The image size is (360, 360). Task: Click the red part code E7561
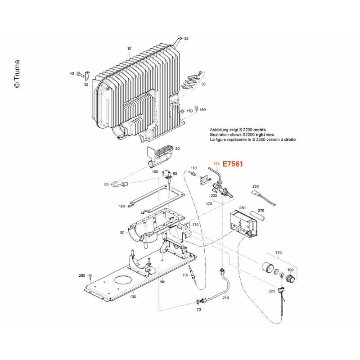(233, 164)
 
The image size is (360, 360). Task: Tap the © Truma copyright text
(17, 74)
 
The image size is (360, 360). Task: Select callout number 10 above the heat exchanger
(129, 49)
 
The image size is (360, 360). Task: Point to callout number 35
(186, 39)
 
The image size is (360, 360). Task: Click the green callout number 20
(203, 84)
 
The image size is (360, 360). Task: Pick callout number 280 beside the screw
(82, 275)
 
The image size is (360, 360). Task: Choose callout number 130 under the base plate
(133, 297)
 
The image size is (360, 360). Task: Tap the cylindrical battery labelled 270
(257, 216)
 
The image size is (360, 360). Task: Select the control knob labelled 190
(290, 278)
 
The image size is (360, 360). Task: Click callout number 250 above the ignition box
(242, 208)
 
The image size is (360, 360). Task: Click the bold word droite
(290, 139)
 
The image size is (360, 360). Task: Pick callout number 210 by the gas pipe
(226, 298)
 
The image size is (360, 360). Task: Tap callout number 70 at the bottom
(198, 310)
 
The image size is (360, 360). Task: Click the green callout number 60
(106, 184)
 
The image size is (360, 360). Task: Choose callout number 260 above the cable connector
(256, 186)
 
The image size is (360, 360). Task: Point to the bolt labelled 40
(80, 74)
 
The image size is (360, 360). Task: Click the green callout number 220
(272, 291)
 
